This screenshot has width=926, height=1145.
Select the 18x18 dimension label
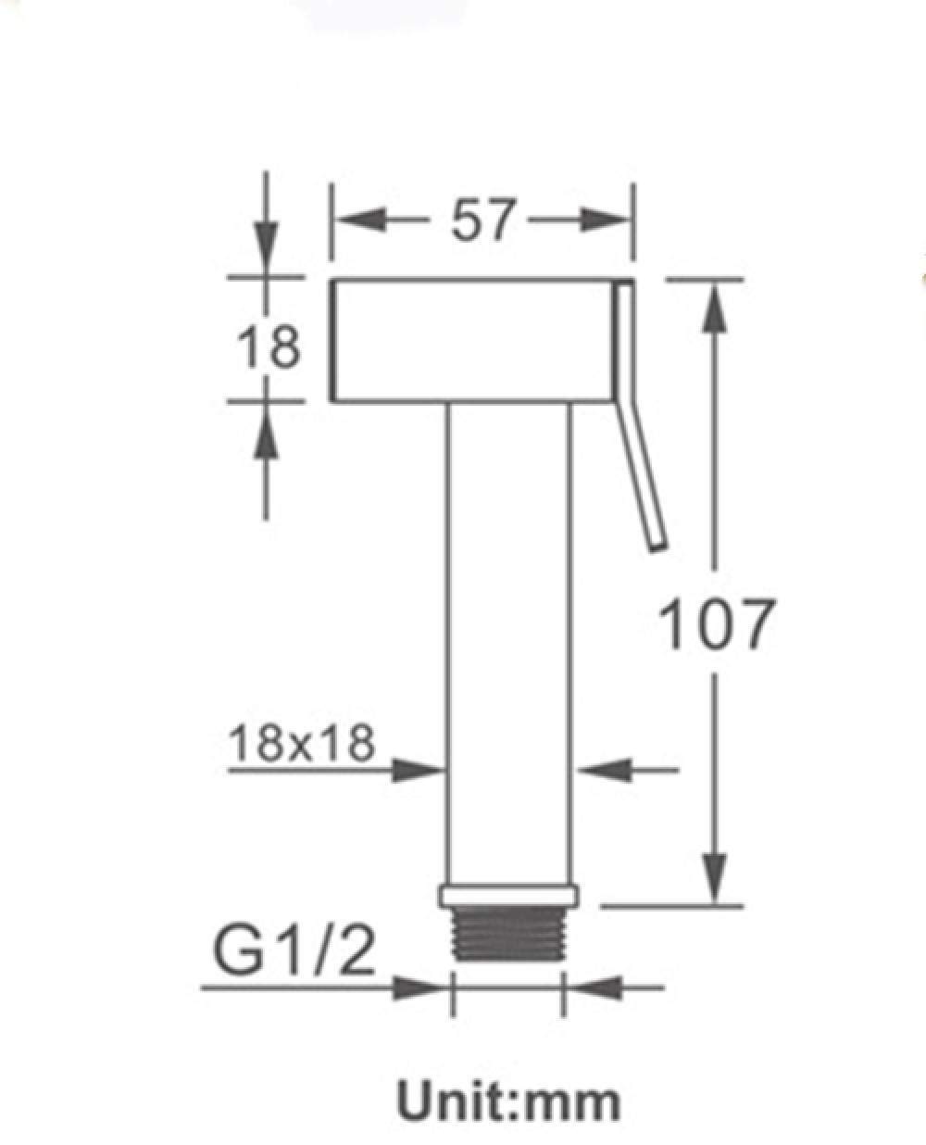point(302,744)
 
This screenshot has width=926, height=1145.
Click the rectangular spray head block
point(473,340)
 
